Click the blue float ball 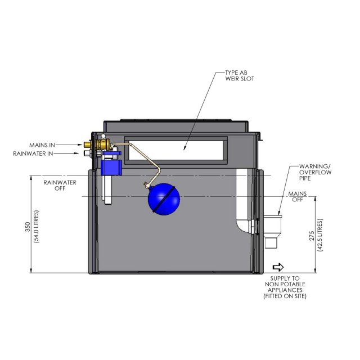pyautogui.click(x=164, y=199)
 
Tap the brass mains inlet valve pyautogui.click(x=102, y=147)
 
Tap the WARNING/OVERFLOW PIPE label pyautogui.click(x=316, y=171)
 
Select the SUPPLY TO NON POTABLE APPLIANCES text pyautogui.click(x=285, y=284)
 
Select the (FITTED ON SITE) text pyautogui.click(x=285, y=296)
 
